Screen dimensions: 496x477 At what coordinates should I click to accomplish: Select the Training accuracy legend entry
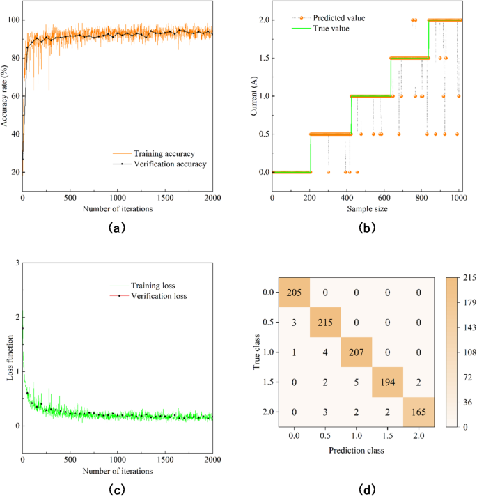(x=164, y=153)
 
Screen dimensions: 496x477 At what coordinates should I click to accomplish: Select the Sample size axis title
(x=366, y=208)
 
